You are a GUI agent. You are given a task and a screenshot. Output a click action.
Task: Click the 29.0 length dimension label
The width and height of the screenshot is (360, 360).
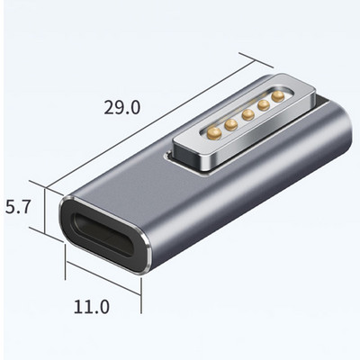coord(121,107)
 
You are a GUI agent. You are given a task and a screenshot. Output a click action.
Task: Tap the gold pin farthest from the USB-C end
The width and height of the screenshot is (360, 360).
coord(278,94)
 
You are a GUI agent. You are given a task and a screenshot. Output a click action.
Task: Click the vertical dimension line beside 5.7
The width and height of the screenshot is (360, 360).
coord(40,216)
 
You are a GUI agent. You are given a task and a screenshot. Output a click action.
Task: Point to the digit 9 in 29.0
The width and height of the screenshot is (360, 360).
coord(115,107)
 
